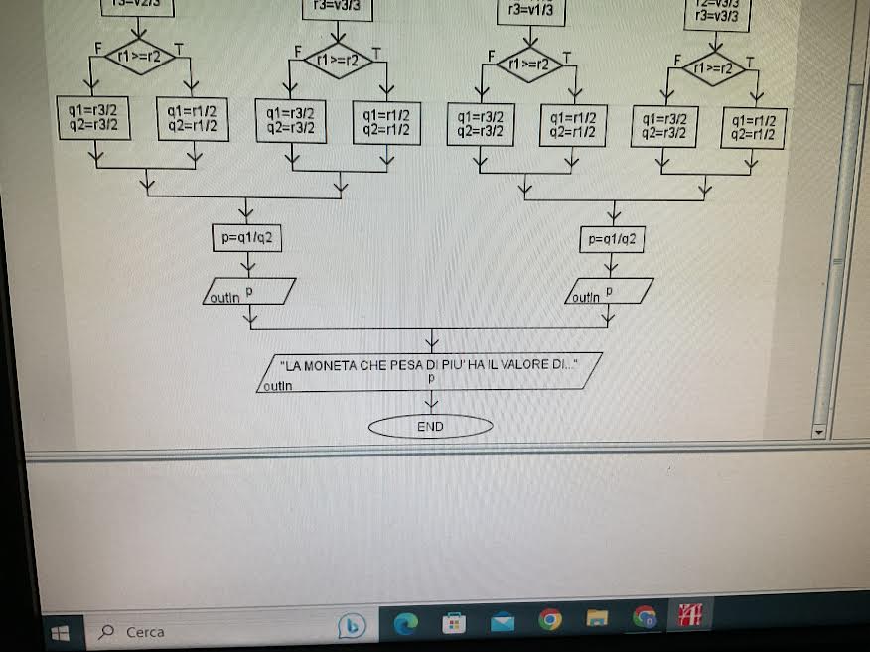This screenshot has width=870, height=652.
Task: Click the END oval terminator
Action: coord(430,427)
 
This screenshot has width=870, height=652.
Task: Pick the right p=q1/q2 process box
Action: coord(612,239)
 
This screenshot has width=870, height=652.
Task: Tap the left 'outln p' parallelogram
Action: coord(248,291)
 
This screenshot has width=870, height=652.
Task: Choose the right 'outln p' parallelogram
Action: coord(609,292)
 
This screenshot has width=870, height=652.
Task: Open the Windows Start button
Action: coord(60,631)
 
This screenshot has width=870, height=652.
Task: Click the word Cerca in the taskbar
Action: coord(145,632)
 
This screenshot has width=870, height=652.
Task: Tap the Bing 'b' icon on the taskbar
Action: coord(352,624)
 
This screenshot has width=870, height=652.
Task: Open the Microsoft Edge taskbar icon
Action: coord(406,622)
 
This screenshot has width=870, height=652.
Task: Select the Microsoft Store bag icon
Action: coord(454,622)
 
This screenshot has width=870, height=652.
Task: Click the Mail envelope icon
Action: coord(503,622)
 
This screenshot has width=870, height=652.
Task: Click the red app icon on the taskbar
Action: coord(689,616)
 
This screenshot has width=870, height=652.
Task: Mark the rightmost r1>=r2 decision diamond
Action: coord(714,69)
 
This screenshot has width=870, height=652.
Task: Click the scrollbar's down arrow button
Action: coord(819,433)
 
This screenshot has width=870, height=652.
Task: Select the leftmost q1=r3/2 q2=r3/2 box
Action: coord(94,118)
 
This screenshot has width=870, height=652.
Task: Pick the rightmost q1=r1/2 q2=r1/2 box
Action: coord(752,128)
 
